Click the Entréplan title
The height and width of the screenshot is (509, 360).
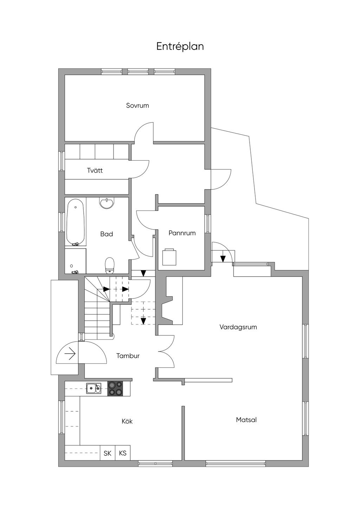[x=180, y=46]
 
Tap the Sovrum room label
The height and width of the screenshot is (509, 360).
[x=137, y=105]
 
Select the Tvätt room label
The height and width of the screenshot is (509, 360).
[x=95, y=170]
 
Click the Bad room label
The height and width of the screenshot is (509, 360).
[x=107, y=234]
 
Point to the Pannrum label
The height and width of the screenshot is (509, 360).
[x=182, y=233]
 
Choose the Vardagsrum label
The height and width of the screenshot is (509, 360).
[x=238, y=327]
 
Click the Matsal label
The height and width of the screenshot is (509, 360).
[x=246, y=419]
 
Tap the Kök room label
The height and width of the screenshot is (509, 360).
[x=127, y=421]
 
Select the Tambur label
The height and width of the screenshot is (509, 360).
[x=128, y=356]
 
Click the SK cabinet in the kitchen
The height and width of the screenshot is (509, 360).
[x=108, y=453]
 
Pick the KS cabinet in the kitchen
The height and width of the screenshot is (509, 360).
[x=123, y=453]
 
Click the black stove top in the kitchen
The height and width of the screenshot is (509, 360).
[x=115, y=389]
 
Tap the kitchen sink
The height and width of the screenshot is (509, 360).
[x=94, y=388]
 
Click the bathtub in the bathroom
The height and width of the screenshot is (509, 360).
[x=76, y=222]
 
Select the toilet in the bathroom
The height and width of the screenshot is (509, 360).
[x=110, y=264]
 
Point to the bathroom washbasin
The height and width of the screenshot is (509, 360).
[x=107, y=203]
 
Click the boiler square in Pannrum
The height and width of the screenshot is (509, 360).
[x=169, y=257]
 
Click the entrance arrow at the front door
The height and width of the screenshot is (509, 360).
[x=70, y=354]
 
